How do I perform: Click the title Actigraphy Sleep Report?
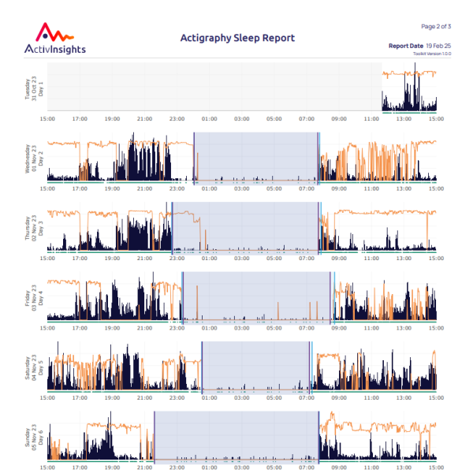237,38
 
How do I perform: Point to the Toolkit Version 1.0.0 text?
435,54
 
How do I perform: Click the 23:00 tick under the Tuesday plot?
177,119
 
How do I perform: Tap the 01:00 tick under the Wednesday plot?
209,188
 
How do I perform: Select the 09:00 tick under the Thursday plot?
338,258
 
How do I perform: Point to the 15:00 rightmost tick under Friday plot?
435,327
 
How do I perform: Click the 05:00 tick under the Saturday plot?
274,397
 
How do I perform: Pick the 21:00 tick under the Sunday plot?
144,467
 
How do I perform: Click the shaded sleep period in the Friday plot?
256,296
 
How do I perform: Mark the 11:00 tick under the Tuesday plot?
371,119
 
